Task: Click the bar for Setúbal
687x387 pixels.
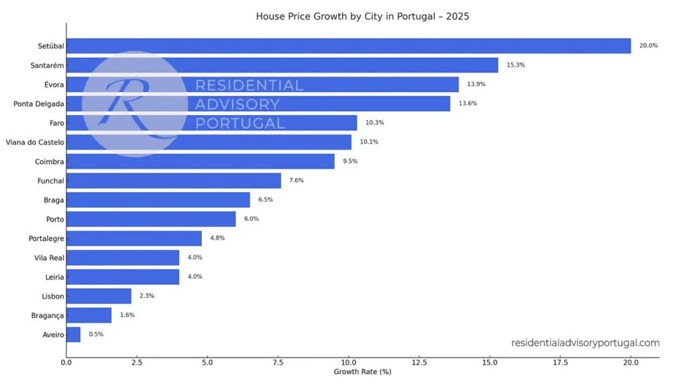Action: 348,46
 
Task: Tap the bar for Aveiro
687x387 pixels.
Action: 73,335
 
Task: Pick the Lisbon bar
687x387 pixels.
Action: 99,296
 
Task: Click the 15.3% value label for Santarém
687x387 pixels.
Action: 515,65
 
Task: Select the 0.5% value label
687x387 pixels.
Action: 96,335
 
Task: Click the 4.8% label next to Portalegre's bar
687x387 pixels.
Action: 217,239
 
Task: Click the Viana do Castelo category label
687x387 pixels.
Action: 34,142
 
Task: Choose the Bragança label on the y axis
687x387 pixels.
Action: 47,316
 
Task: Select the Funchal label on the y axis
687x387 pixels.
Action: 50,181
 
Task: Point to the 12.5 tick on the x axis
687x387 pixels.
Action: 419,363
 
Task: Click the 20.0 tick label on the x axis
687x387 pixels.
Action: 631,363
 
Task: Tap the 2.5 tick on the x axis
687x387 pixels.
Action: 137,363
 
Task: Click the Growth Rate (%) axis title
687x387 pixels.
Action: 362,372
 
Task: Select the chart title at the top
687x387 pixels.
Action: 362,16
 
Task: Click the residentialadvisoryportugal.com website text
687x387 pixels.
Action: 585,343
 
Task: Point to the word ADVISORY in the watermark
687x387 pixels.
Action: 237,104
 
